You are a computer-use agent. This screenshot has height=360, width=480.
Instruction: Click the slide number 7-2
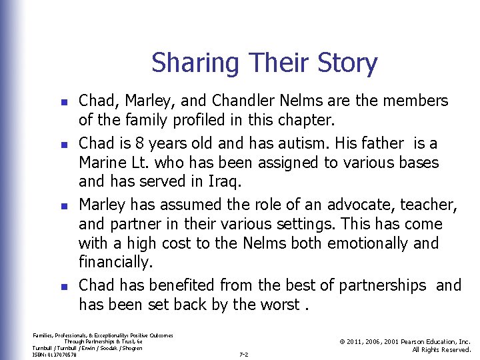tap(243, 354)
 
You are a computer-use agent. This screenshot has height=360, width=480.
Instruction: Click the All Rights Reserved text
tap(441, 349)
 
